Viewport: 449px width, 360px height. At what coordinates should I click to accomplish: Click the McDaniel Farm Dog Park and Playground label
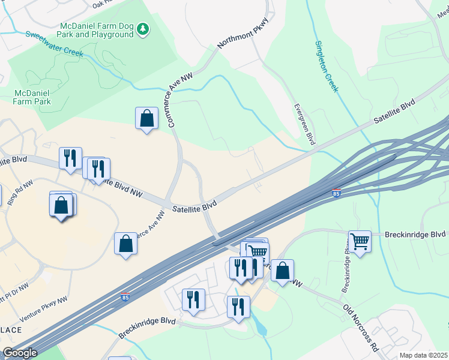[x=96, y=31]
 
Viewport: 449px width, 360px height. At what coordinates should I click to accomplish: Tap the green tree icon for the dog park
[x=143, y=28]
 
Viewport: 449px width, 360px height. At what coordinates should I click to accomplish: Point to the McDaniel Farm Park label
[x=32, y=97]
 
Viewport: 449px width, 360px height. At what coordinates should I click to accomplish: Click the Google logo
[x=20, y=353]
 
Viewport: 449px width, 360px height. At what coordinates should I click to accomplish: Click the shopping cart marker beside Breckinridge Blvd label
[x=360, y=241]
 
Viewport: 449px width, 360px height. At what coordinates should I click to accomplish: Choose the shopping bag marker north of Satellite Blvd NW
[x=146, y=118]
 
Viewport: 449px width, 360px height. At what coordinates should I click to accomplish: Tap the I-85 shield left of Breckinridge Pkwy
[x=336, y=193]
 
